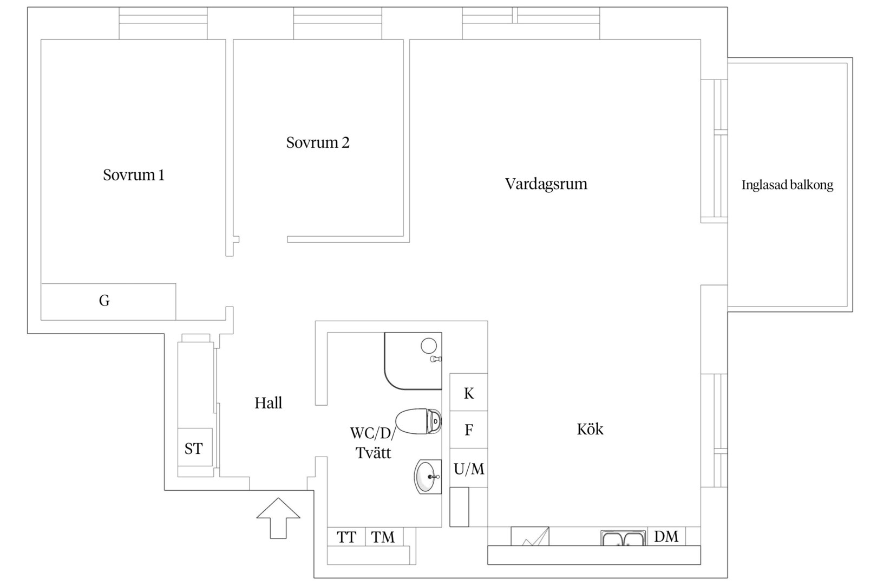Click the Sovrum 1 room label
click(134, 175)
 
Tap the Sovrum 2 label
click(318, 142)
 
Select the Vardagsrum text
click(546, 184)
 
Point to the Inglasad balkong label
click(787, 185)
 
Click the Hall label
click(268, 403)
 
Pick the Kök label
click(590, 429)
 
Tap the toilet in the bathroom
click(418, 421)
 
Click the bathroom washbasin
click(428, 477)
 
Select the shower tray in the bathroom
click(413, 361)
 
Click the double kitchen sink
click(623, 538)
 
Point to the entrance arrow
click(278, 518)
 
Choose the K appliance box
click(469, 392)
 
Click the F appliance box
click(469, 430)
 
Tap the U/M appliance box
click(469, 468)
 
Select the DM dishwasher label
click(666, 536)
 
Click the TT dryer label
click(346, 537)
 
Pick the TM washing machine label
click(383, 537)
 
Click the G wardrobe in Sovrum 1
click(108, 302)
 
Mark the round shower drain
click(429, 346)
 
